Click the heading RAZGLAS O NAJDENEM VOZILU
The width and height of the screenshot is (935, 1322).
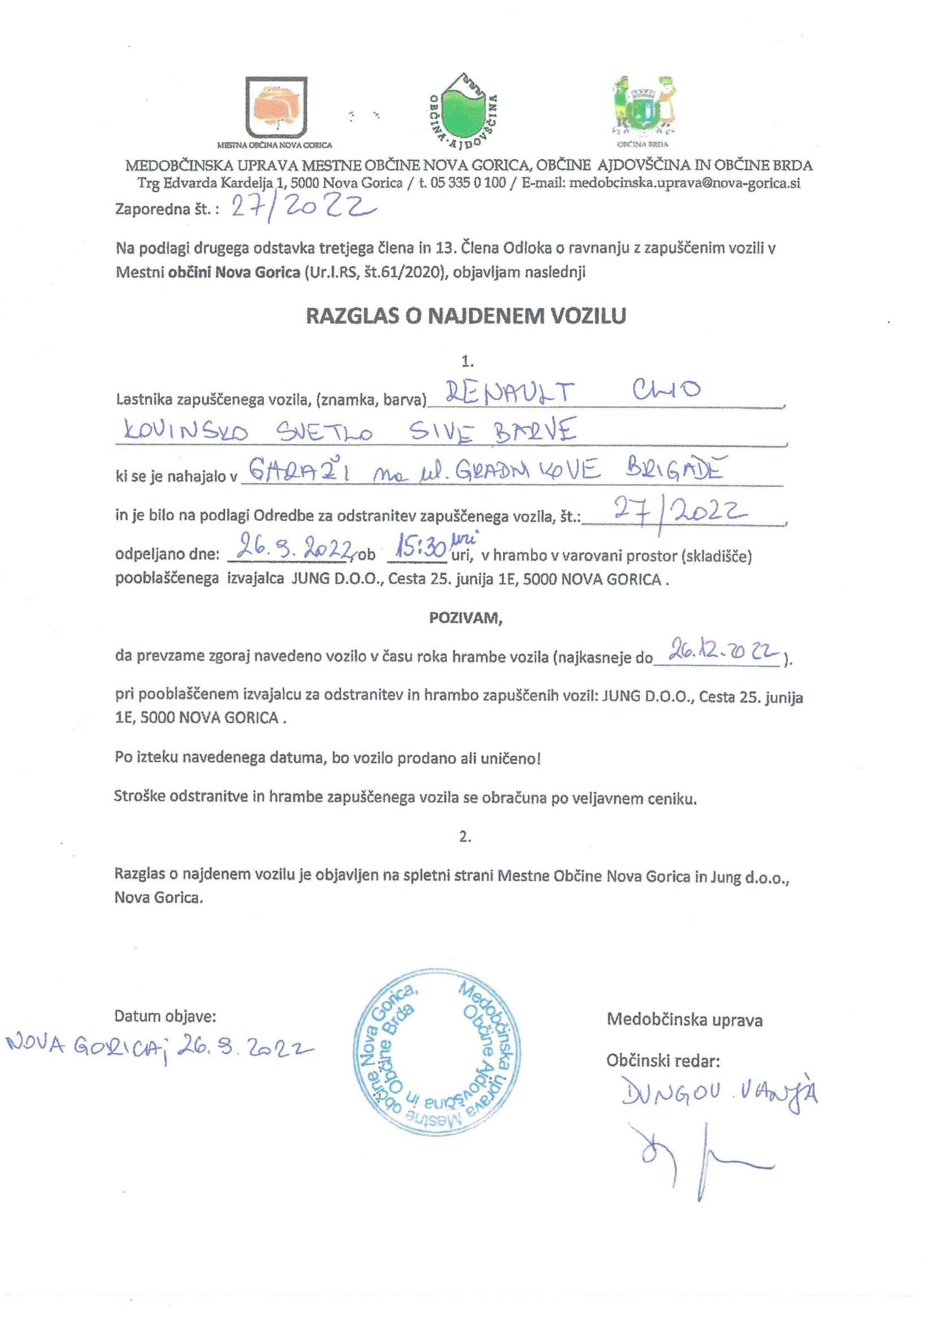tap(466, 316)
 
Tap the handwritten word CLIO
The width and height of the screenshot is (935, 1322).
tap(666, 391)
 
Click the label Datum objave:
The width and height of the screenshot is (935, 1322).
tap(165, 1016)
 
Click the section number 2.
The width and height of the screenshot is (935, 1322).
tap(465, 837)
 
